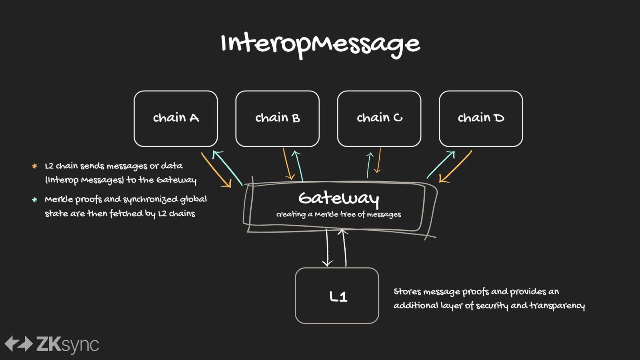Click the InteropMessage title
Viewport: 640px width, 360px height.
(x=320, y=46)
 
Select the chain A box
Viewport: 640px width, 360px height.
(x=176, y=119)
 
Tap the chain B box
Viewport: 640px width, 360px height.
(x=278, y=119)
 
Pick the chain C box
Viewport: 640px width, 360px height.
(x=379, y=119)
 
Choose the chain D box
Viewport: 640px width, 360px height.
(x=481, y=119)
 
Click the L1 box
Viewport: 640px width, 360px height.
(x=337, y=296)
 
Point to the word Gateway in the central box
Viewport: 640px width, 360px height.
(x=339, y=198)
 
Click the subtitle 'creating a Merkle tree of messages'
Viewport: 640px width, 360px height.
(x=338, y=214)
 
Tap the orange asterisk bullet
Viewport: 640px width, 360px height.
(x=34, y=166)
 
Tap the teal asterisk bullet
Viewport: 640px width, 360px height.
(x=34, y=200)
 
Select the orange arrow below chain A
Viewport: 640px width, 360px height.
(x=216, y=170)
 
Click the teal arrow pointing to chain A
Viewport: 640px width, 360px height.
(x=228, y=168)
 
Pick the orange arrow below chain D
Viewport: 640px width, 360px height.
(x=456, y=166)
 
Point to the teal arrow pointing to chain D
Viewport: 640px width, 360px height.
(x=440, y=164)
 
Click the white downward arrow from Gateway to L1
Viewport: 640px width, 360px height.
(x=327, y=248)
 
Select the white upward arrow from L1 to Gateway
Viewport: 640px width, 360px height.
(x=344, y=248)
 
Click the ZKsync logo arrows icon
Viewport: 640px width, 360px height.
(x=19, y=344)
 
